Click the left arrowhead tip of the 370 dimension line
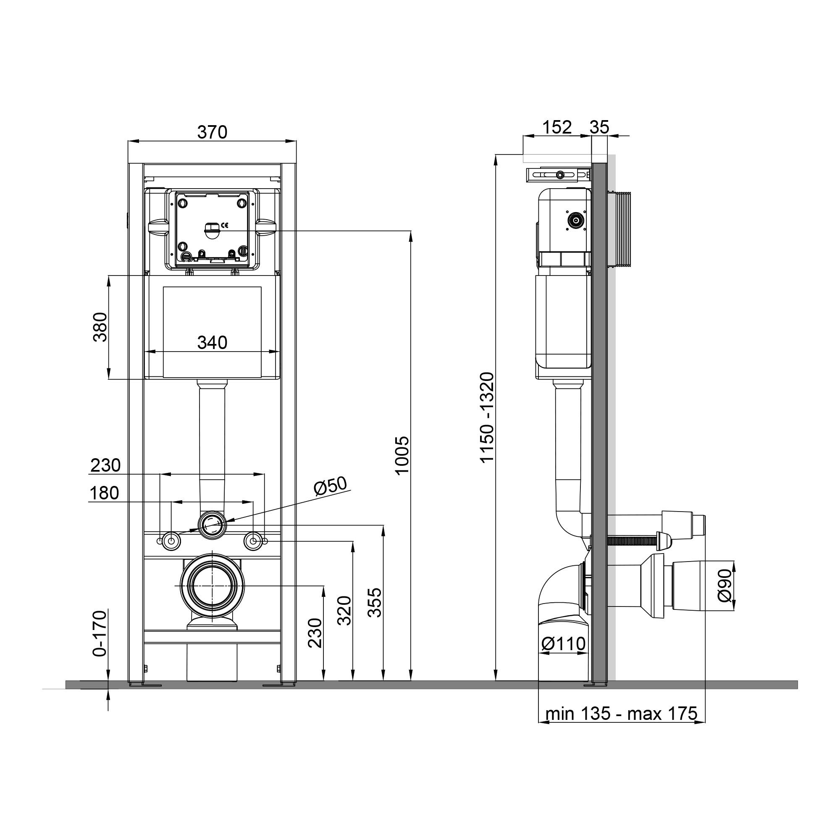pyautogui.click(x=128, y=141)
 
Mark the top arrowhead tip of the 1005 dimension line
pyautogui.click(x=411, y=231)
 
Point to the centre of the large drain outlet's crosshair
pyautogui.click(x=212, y=585)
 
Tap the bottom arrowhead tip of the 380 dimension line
pyautogui.click(x=109, y=379)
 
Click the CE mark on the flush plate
pyautogui.click(x=225, y=225)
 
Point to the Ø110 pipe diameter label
pyautogui.click(x=564, y=656)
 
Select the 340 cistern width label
pyautogui.click(x=212, y=343)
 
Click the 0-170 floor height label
pyautogui.click(x=100, y=633)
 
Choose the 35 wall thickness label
pyautogui.click(x=600, y=127)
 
